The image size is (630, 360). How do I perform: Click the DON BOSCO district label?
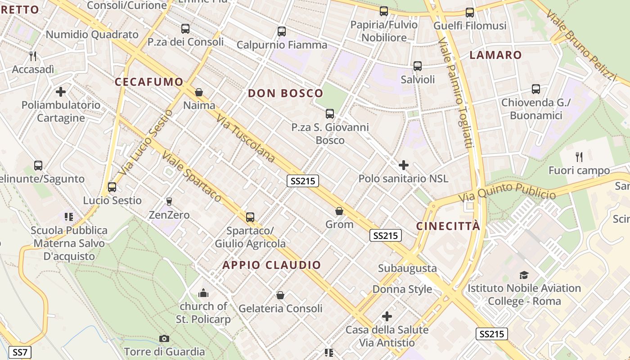tap(286, 93)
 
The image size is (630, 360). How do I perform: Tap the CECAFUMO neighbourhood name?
tap(149, 82)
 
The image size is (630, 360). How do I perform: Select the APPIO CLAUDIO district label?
tap(272, 265)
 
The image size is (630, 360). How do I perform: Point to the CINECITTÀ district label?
tap(448, 226)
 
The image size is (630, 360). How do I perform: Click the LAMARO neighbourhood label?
tap(496, 55)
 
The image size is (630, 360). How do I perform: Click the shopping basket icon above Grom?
tap(339, 211)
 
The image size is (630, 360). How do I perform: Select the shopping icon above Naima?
tap(199, 93)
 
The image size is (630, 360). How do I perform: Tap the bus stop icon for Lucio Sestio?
tap(112, 187)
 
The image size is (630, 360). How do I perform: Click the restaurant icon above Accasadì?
tap(32, 56)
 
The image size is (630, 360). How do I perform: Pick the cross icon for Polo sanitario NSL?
tap(404, 165)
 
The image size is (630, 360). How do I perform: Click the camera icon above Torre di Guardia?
tap(164, 338)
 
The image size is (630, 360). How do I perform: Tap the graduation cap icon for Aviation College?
tap(524, 275)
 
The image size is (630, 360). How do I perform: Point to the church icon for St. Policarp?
tap(203, 293)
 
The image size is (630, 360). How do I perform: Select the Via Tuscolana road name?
tap(246, 138)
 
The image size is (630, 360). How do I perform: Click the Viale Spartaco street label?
tap(192, 176)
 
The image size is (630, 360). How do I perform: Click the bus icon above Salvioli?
tap(418, 66)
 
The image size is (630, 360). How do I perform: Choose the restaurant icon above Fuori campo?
tap(579, 157)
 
